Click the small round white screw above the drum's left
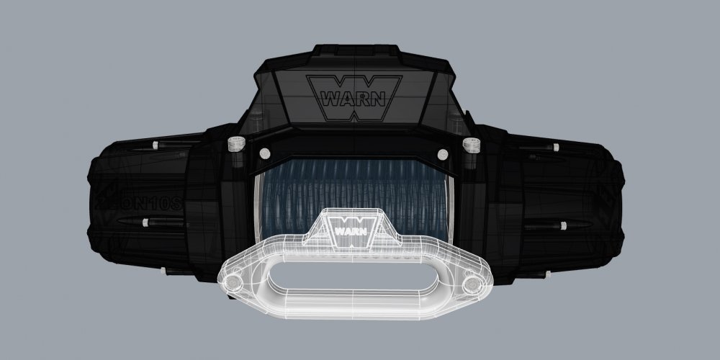click(x=264, y=153)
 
